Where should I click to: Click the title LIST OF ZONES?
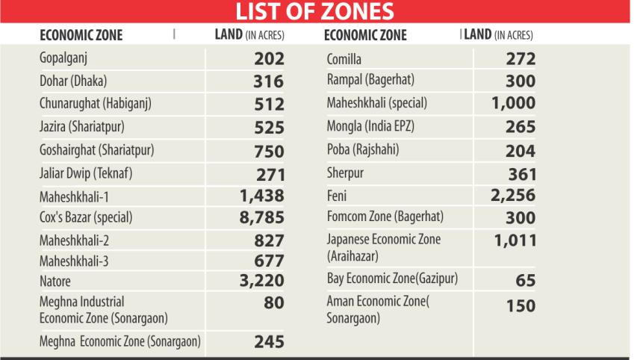320,13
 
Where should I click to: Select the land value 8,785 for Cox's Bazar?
261,221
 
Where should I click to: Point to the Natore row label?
55,282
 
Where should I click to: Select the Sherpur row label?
348,174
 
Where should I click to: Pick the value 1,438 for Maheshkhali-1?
261,198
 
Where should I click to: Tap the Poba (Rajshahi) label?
362,150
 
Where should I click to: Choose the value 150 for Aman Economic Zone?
520,306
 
